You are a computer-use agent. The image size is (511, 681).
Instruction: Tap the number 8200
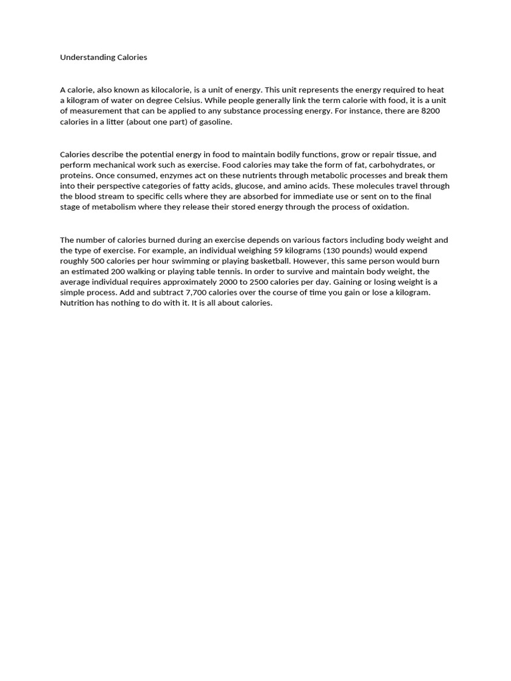(x=430, y=111)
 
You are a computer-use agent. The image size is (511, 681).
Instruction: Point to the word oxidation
(x=386, y=207)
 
